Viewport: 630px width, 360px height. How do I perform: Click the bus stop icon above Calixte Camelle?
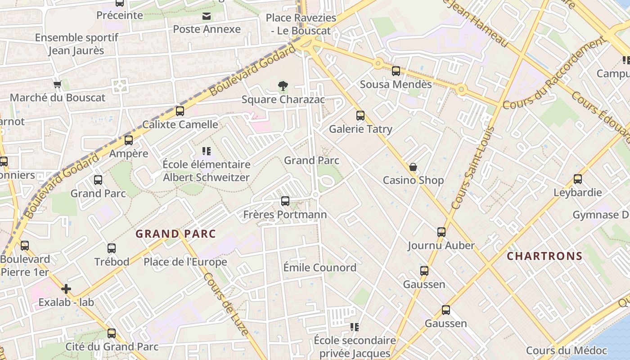click(x=180, y=111)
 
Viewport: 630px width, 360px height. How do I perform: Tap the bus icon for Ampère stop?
click(x=129, y=140)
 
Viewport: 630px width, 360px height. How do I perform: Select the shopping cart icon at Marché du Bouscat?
click(x=58, y=84)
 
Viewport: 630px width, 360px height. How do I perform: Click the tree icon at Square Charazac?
click(x=283, y=85)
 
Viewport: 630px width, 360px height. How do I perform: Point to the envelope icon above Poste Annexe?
click(x=207, y=17)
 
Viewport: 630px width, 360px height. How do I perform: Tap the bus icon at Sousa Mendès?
click(x=396, y=71)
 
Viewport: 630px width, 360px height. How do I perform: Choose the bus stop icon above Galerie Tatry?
click(x=360, y=116)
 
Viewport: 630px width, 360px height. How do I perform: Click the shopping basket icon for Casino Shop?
click(x=413, y=167)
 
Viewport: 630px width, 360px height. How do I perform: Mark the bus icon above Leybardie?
click(x=578, y=179)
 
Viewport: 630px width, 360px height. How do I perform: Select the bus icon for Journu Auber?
click(x=441, y=232)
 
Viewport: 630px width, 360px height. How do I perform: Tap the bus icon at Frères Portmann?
click(x=285, y=201)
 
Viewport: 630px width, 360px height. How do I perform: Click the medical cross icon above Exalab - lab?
click(x=66, y=288)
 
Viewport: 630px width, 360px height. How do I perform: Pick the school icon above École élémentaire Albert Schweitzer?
click(x=207, y=151)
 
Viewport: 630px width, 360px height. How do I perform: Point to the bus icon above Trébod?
click(x=112, y=248)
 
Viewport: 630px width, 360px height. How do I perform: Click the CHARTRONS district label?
click(x=544, y=256)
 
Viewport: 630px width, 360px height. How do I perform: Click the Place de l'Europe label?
click(x=185, y=262)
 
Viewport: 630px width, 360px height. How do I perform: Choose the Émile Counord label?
click(x=319, y=268)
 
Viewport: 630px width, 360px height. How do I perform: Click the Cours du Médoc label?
click(x=567, y=351)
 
